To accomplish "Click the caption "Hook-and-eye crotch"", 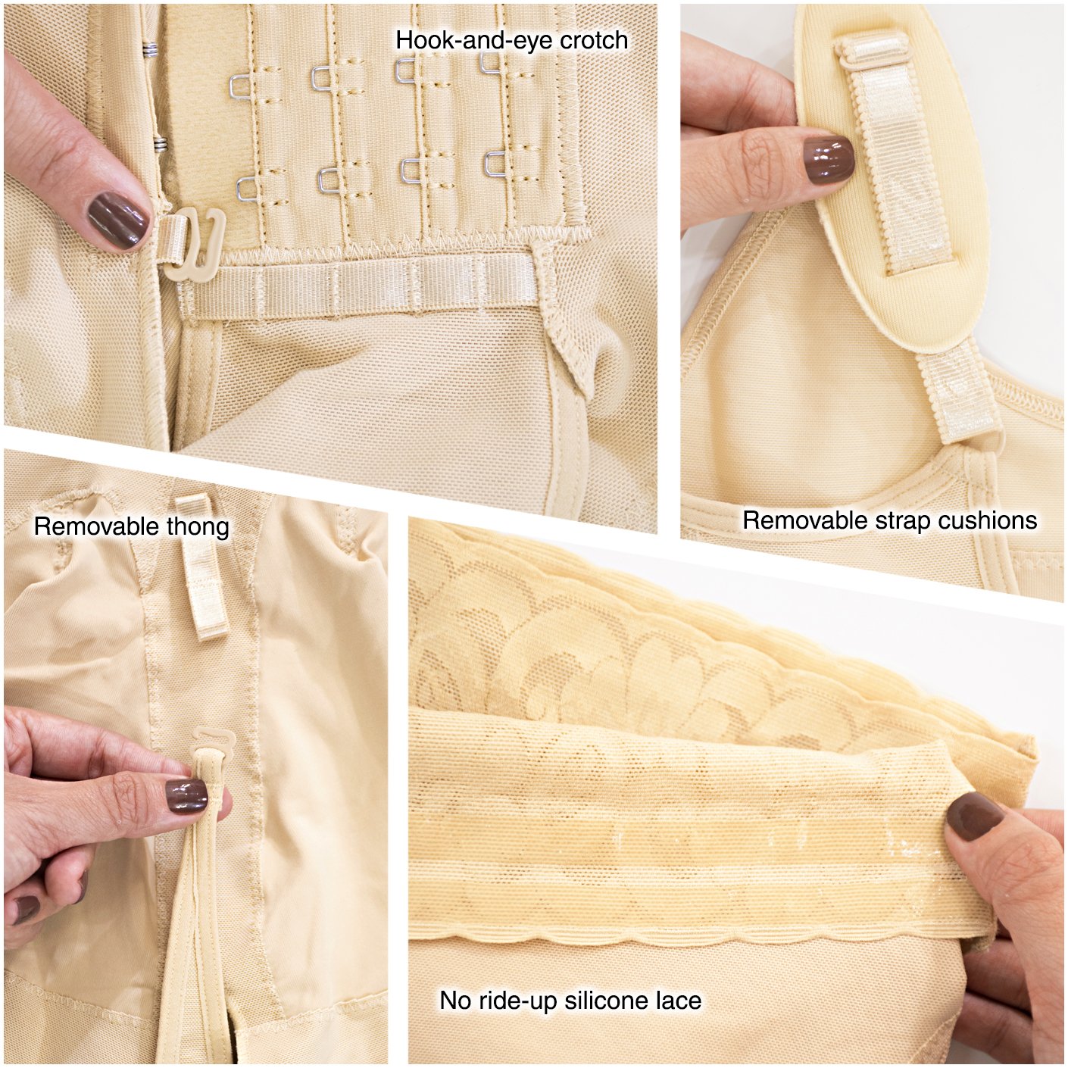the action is (511, 40).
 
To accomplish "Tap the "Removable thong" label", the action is (131, 526).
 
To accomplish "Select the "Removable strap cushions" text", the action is (889, 520).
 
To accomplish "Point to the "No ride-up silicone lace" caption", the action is (570, 1001).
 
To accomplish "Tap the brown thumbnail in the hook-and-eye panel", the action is (119, 216).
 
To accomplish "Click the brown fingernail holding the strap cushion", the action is (827, 162).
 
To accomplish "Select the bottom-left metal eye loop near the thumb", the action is (248, 188).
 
